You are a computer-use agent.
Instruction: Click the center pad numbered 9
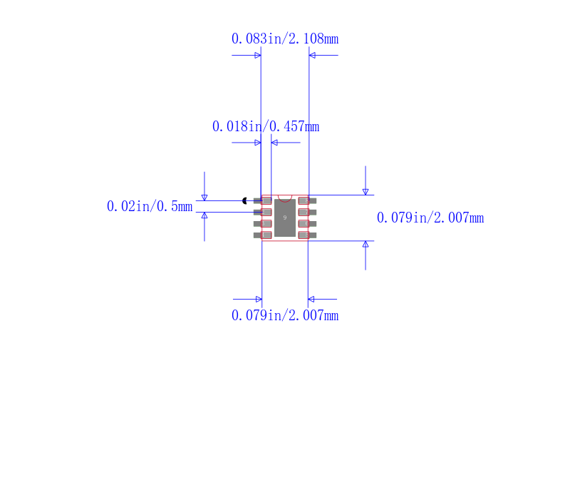click(284, 218)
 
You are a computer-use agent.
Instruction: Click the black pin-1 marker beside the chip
click(244, 201)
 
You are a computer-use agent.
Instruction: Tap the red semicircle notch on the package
click(285, 198)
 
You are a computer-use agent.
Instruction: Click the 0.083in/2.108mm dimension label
click(285, 39)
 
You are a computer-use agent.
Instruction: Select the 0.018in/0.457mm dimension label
click(266, 127)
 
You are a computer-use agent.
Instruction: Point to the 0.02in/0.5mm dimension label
click(150, 206)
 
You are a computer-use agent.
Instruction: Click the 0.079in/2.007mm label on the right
click(430, 218)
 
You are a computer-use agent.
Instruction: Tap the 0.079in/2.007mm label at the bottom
click(285, 315)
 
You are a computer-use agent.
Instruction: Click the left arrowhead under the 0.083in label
click(258, 56)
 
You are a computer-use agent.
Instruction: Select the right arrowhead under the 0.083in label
click(312, 56)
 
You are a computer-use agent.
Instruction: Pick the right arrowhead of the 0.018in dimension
click(274, 143)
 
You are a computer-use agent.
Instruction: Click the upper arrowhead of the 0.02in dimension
click(204, 198)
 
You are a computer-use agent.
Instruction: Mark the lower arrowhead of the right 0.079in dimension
click(366, 244)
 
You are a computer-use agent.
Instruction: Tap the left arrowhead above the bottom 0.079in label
click(259, 299)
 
